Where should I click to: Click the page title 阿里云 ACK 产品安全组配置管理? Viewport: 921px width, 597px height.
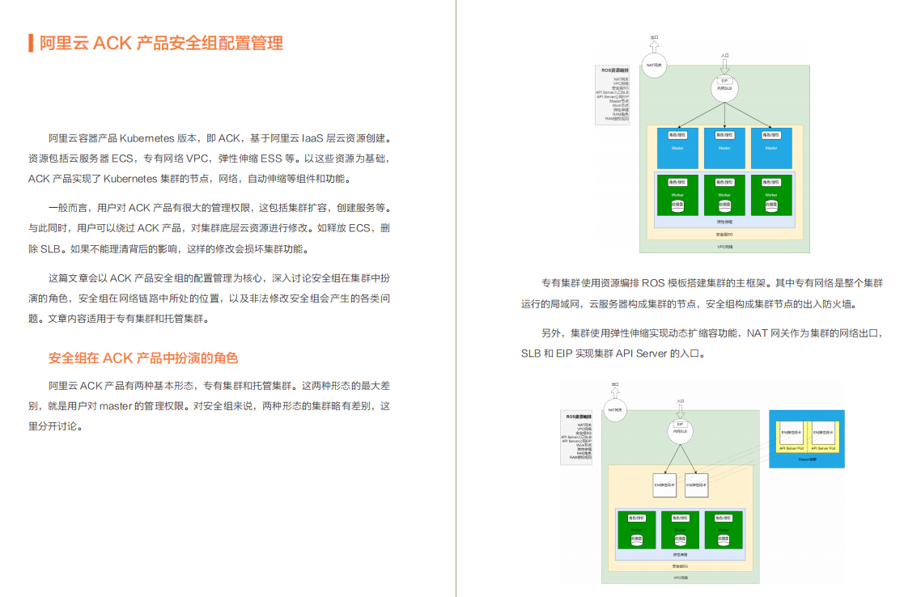point(161,43)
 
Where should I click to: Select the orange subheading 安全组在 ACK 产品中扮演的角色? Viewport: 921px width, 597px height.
point(143,358)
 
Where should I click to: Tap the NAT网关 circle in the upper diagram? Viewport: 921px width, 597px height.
point(655,66)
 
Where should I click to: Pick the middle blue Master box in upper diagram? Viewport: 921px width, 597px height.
point(724,147)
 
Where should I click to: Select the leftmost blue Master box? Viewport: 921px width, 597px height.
point(677,147)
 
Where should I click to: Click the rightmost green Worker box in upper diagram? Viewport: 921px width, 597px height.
point(770,194)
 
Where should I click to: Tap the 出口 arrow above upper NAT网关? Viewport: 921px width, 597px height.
point(654,43)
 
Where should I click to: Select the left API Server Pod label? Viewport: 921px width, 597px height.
point(791,447)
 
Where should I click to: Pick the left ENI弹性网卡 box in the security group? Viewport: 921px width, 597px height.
point(664,484)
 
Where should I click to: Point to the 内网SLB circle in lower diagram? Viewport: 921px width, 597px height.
point(680,430)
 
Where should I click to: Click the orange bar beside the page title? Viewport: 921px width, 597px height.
point(30,43)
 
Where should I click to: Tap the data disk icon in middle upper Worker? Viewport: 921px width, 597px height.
point(724,205)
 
